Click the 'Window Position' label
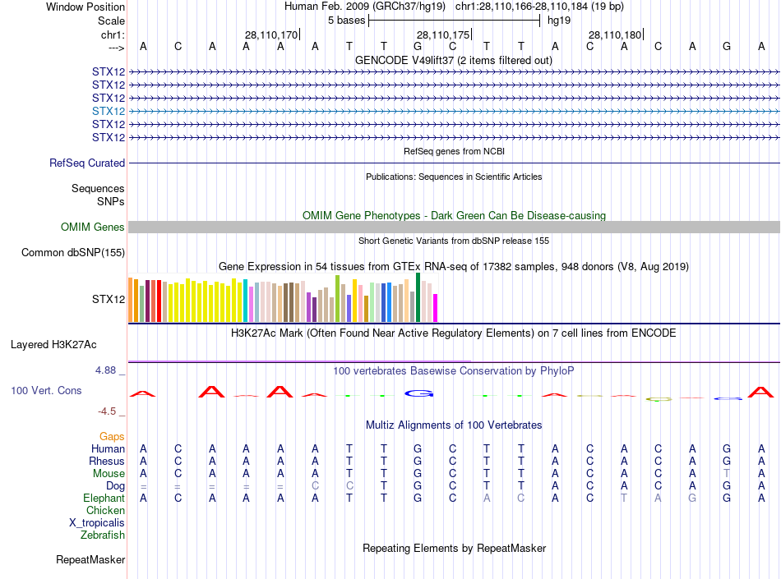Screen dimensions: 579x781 pos(85,7)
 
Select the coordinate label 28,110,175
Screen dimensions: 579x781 pos(443,34)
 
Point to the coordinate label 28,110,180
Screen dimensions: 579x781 pos(615,34)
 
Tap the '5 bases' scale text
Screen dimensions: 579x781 pos(346,20)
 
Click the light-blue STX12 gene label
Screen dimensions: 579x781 pos(109,111)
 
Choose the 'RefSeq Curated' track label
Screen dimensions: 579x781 pos(87,163)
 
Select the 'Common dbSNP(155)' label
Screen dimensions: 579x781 pos(73,253)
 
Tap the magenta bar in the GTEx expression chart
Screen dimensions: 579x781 pos(436,307)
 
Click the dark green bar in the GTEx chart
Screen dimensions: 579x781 pos(418,297)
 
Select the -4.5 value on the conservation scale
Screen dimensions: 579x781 pos(109,411)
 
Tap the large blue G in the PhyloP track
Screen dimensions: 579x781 pos(418,393)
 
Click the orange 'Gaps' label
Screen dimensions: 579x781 pos(112,436)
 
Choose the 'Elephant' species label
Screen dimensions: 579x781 pos(104,499)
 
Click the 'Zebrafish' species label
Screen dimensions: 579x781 pos(103,535)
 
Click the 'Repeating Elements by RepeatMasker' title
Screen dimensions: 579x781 pos(454,548)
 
